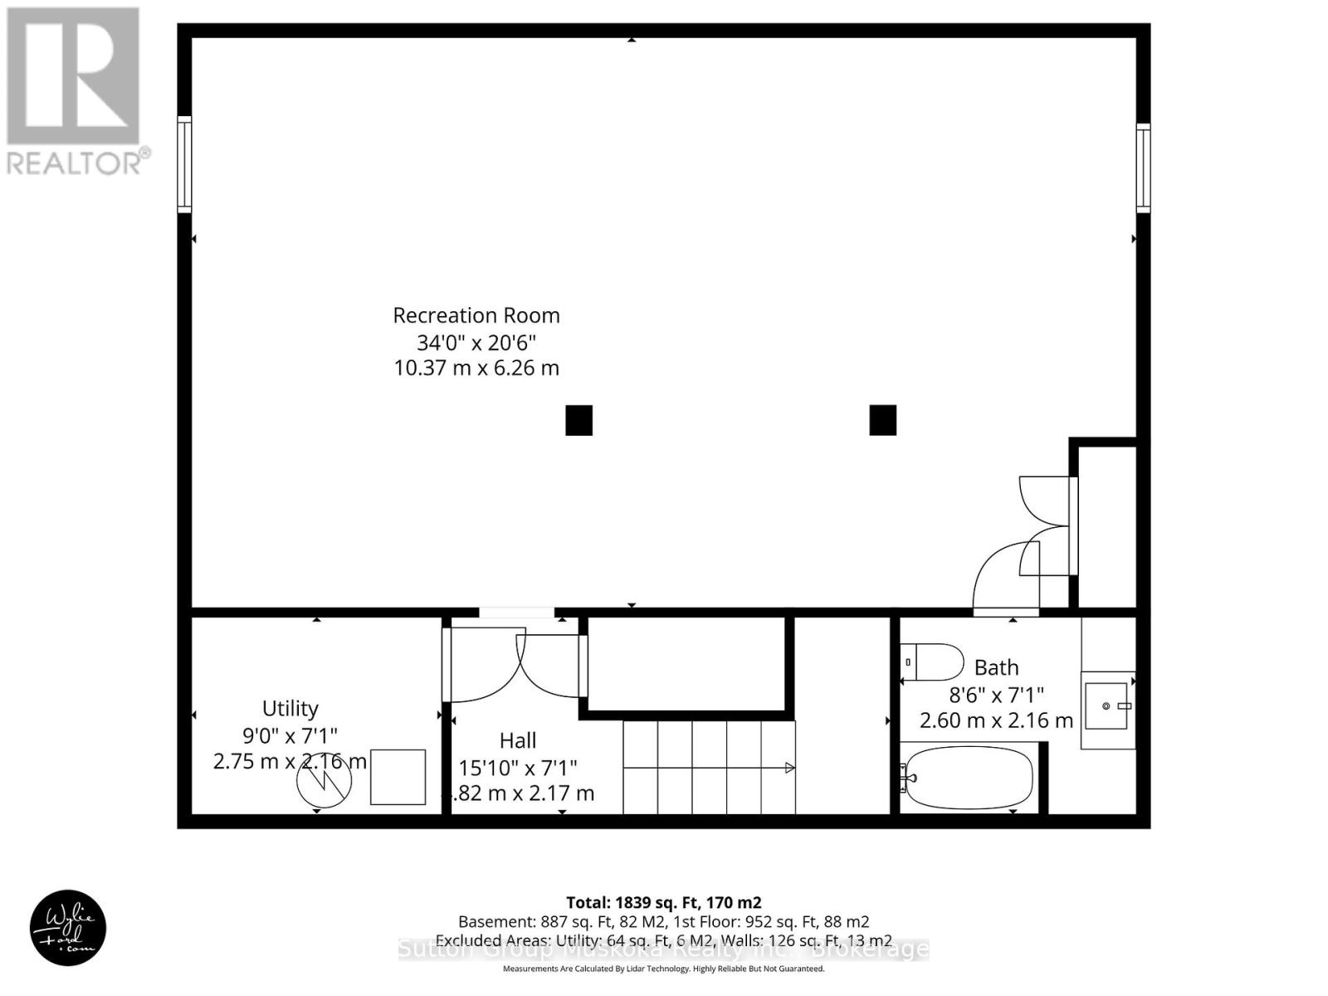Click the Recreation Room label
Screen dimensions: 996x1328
476,315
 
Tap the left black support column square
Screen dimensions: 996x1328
579,420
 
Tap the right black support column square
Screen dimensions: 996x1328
882,420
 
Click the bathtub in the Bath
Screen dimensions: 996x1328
969,779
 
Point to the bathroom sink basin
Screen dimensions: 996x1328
1107,705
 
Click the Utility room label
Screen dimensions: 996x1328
290,708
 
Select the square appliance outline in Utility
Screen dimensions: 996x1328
398,777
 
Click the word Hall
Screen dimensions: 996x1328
518,740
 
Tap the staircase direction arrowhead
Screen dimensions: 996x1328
790,768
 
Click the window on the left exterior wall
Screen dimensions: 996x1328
184,164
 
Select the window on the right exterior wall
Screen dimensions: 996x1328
1144,168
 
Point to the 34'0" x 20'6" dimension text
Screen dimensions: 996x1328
476,342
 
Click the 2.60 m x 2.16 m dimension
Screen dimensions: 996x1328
996,720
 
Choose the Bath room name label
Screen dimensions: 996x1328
996,667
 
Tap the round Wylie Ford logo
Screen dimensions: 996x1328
68,928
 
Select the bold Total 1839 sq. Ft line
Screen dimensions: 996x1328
664,902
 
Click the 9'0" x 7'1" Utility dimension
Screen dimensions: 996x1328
290,735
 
